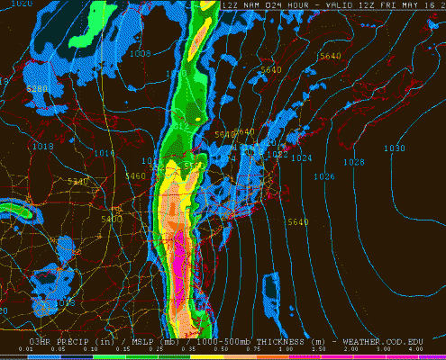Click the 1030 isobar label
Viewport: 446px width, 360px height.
394,148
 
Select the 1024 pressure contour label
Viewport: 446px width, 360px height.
301,158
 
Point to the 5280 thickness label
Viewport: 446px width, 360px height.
37,89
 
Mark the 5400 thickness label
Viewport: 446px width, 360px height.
112,219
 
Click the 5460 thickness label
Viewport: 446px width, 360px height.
135,175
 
